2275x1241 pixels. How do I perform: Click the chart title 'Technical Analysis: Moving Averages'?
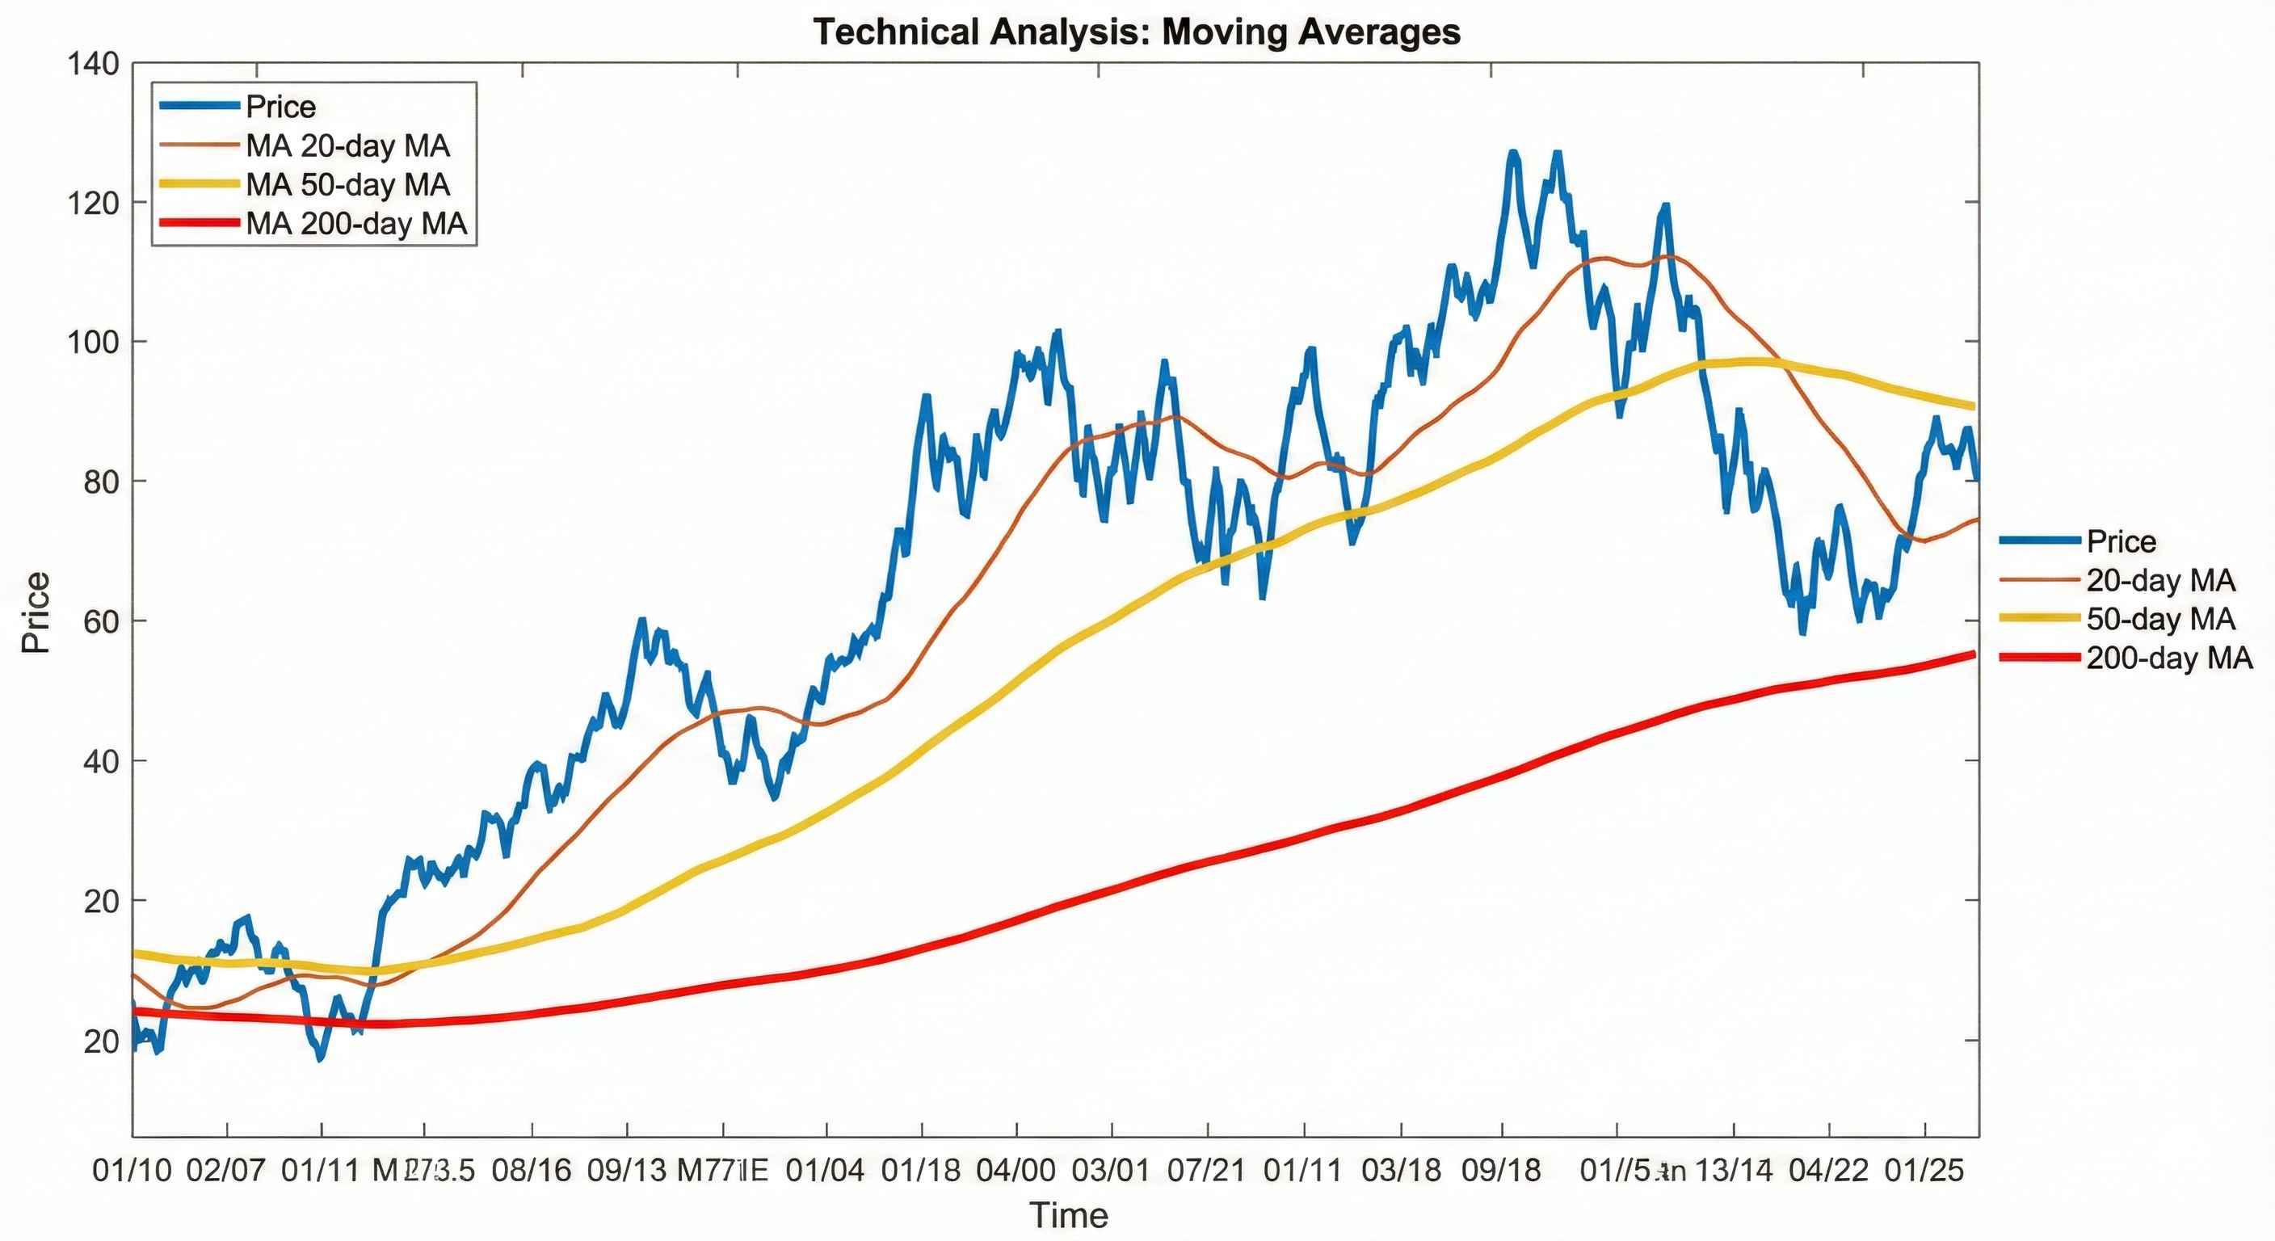(1137, 32)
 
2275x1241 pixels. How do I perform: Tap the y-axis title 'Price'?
(36, 612)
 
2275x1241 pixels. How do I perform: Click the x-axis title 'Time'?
(1068, 1215)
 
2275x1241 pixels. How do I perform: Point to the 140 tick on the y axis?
(93, 64)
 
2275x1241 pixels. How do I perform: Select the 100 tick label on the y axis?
(93, 342)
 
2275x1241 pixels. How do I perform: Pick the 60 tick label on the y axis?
(101, 621)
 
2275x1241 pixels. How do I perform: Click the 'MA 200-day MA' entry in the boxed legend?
(356, 224)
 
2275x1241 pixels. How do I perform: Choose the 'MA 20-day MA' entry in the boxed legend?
(348, 145)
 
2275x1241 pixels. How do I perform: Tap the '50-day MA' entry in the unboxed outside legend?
(2160, 618)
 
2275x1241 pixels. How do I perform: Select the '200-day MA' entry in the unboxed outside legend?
(2169, 658)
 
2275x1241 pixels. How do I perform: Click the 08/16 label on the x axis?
(532, 1171)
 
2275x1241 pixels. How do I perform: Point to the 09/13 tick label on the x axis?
(627, 1171)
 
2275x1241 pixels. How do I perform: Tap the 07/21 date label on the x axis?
(1206, 1171)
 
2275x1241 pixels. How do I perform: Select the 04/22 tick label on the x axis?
(1828, 1171)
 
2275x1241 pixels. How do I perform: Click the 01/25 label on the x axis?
(1924, 1171)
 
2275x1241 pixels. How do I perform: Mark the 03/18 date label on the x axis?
(1401, 1171)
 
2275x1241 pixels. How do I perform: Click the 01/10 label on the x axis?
(132, 1171)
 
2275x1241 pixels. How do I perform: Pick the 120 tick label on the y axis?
(93, 203)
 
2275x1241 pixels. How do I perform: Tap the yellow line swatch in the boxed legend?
(200, 184)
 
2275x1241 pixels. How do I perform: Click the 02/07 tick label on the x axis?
(226, 1171)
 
